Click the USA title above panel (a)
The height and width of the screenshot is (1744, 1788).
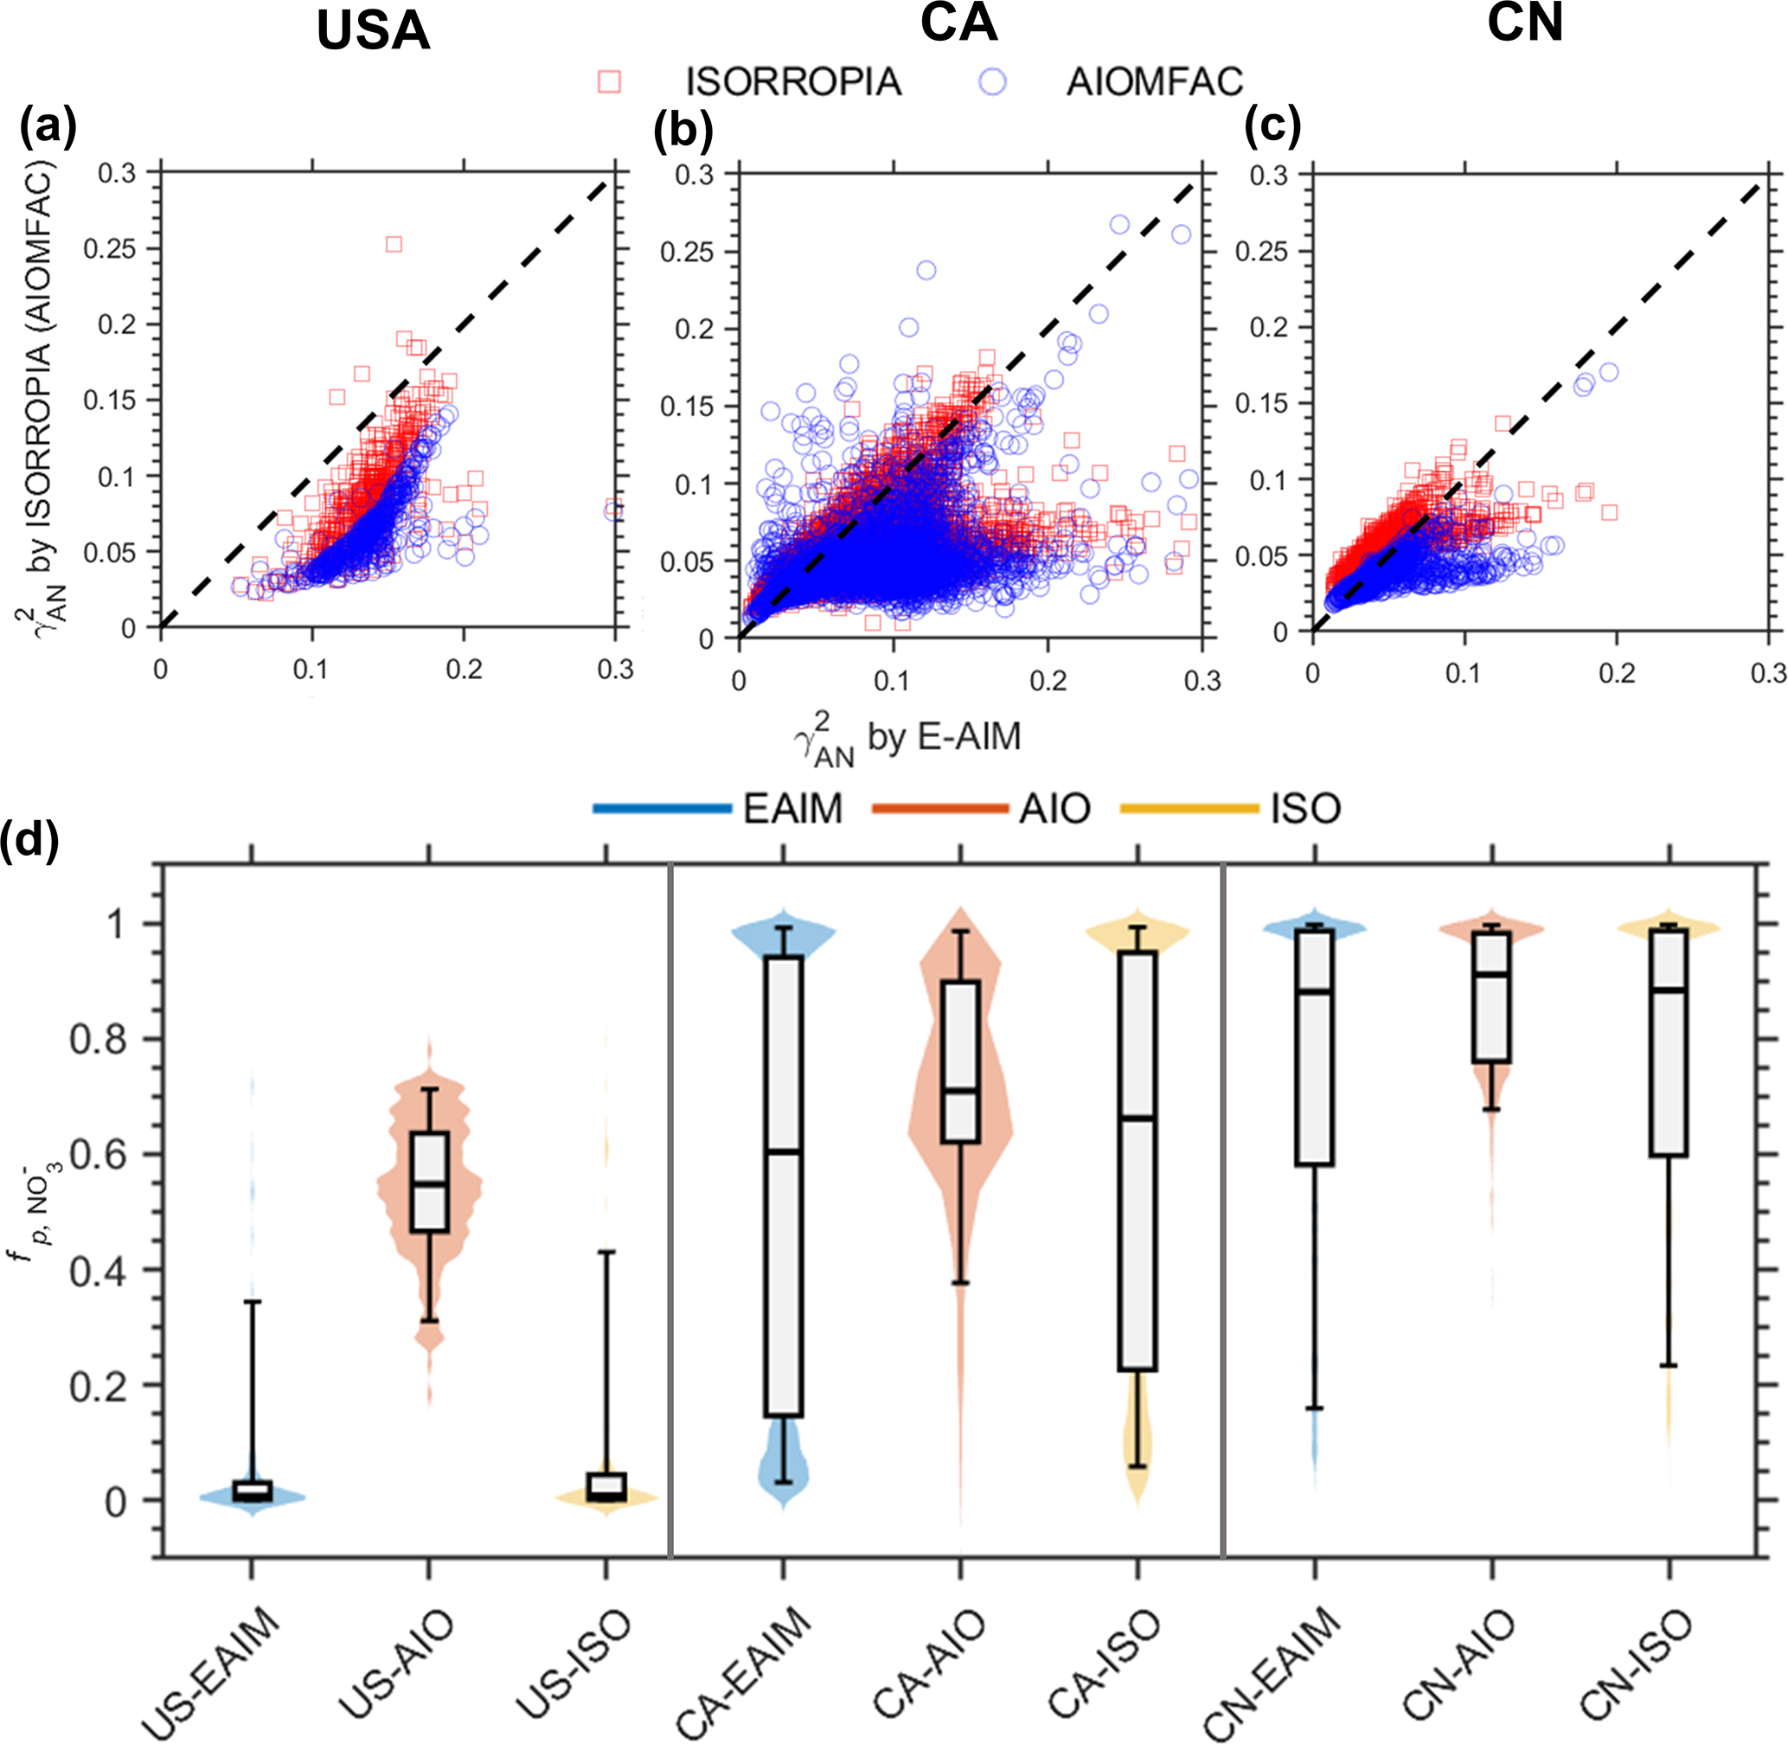pos(373,32)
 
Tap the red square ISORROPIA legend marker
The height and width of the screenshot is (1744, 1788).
pos(609,82)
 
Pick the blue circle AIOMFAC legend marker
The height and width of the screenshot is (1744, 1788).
pos(992,82)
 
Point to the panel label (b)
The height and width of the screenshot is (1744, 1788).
pos(683,131)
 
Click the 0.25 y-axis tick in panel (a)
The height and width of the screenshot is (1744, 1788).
pos(110,249)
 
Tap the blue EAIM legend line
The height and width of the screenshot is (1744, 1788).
pos(662,809)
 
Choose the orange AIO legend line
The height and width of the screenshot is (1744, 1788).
pos(941,809)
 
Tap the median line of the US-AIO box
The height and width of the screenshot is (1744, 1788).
pos(429,1184)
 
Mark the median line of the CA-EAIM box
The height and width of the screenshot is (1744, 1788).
pos(783,1151)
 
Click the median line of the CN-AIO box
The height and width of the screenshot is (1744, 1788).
pos(1492,974)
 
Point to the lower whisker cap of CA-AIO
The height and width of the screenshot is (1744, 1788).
pos(960,1283)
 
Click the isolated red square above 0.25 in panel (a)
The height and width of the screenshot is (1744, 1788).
pos(394,245)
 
